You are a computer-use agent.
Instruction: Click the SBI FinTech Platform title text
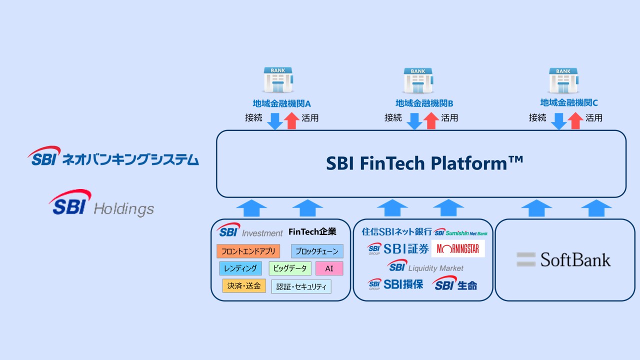pyautogui.click(x=424, y=163)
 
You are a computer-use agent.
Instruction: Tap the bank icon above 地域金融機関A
pyautogui.click(x=278, y=80)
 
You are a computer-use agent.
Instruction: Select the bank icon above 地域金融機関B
pyautogui.click(x=418, y=80)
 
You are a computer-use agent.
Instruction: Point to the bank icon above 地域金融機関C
pyautogui.click(x=563, y=80)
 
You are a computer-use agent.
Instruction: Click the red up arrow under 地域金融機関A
pyautogui.click(x=291, y=120)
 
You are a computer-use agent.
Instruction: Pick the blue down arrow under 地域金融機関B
pyautogui.click(x=414, y=120)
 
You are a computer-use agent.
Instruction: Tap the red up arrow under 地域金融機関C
pyautogui.click(x=575, y=120)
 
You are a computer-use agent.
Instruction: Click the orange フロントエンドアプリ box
pyautogui.click(x=248, y=251)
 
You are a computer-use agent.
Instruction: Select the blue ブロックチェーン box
pyautogui.click(x=317, y=251)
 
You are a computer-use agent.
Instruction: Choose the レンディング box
pyautogui.click(x=240, y=268)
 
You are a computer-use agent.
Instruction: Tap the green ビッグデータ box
pyautogui.click(x=290, y=268)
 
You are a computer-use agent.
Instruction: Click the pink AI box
pyautogui.click(x=329, y=268)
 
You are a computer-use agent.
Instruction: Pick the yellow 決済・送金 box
pyautogui.click(x=244, y=286)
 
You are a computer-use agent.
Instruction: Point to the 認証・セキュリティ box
pyautogui.click(x=301, y=286)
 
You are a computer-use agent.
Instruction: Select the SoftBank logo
pyautogui.click(x=563, y=259)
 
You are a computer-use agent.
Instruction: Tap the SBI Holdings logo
pyautogui.click(x=101, y=202)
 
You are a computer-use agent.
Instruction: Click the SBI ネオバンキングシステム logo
pyautogui.click(x=113, y=156)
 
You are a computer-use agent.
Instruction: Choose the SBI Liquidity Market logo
pyautogui.click(x=425, y=266)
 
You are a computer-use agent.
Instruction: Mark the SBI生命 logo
pyautogui.click(x=454, y=284)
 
